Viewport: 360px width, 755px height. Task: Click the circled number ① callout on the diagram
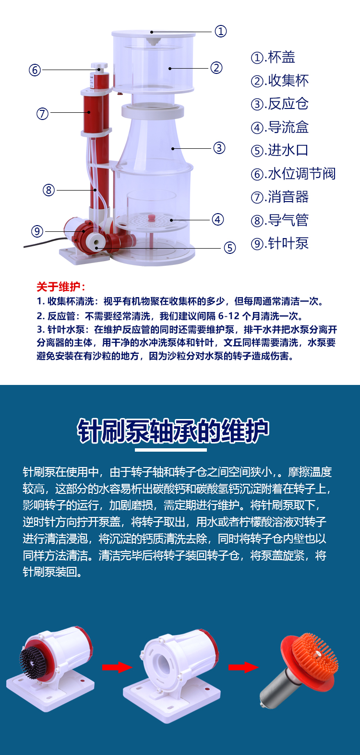click(x=220, y=31)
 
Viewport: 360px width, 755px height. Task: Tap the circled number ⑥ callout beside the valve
click(x=35, y=70)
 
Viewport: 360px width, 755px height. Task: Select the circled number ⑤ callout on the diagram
click(x=230, y=248)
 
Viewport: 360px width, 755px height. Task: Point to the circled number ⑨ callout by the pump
click(x=37, y=231)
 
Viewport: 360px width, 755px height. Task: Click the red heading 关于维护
click(x=61, y=287)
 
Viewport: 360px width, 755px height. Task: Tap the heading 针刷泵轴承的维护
click(x=173, y=431)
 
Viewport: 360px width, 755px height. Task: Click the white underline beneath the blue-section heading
click(x=171, y=450)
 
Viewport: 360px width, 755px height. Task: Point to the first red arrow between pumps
click(x=117, y=667)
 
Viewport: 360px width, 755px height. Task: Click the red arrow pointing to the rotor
click(x=243, y=667)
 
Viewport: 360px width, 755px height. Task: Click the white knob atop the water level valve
click(x=99, y=65)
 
